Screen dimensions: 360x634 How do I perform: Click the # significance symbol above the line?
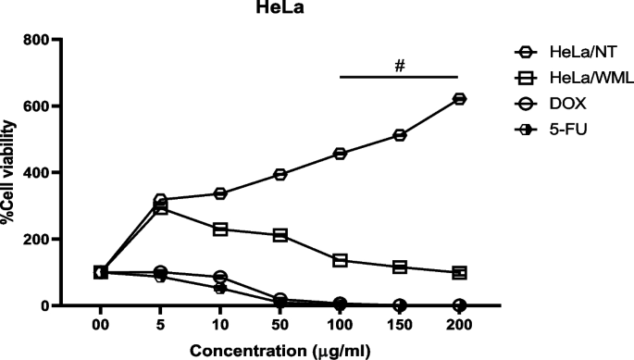[x=400, y=67]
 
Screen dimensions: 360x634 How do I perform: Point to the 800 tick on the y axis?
[x=36, y=41]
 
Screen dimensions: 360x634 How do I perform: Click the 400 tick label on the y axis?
[x=36, y=173]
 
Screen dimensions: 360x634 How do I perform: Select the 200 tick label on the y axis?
[x=36, y=240]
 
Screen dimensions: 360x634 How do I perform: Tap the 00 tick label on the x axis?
[x=100, y=325]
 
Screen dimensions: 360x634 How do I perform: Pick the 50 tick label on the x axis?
[x=280, y=325]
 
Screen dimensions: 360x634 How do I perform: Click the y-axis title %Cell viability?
[x=11, y=173]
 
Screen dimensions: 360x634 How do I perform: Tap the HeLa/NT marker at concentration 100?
[x=340, y=154]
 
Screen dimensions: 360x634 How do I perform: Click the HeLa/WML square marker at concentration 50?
[x=280, y=235]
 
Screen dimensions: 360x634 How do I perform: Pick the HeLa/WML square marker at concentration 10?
[x=220, y=229]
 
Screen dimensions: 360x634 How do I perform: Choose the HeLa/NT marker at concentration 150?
[x=399, y=135]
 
